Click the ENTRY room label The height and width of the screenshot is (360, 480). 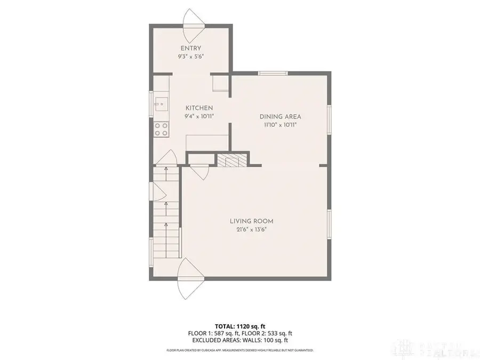click(x=191, y=49)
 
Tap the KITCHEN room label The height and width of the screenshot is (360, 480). click(x=199, y=108)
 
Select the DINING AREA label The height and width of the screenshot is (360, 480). click(x=281, y=117)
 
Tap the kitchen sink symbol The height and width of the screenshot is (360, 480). click(x=160, y=105)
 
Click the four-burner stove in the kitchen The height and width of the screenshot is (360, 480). click(x=161, y=129)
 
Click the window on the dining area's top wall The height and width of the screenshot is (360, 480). click(x=273, y=73)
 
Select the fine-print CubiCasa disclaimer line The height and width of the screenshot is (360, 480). click(x=240, y=350)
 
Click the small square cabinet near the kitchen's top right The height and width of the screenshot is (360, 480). click(x=220, y=84)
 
